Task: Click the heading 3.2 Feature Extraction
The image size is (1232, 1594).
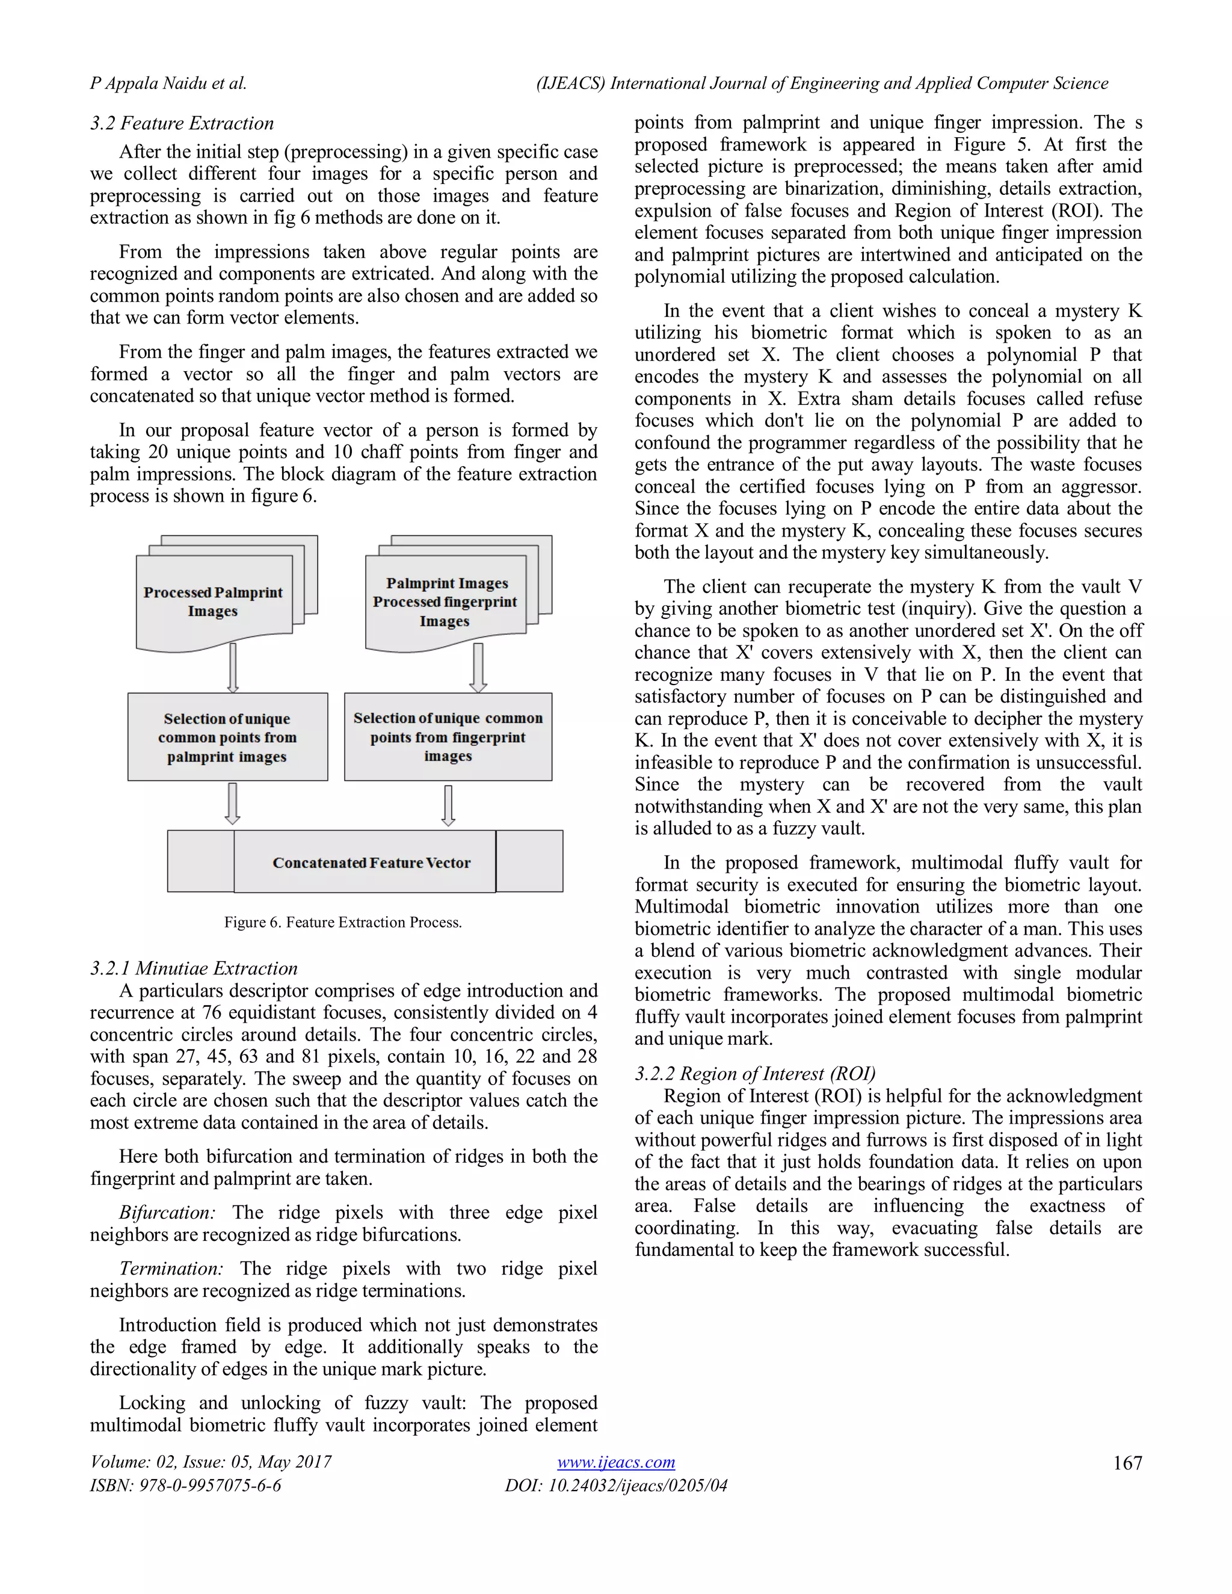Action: (182, 123)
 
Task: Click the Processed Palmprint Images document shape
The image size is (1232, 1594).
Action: (213, 602)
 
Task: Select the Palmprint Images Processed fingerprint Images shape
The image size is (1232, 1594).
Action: (445, 602)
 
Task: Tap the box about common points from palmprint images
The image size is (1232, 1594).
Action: (227, 737)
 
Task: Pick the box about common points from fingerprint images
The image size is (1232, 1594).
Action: (448, 737)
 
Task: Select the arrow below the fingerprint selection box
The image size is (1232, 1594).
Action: (448, 805)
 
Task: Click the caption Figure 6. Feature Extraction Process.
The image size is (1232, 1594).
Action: (342, 923)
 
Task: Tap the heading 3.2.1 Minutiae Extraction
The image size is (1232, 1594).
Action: (194, 968)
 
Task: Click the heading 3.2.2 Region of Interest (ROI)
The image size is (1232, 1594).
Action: (755, 1074)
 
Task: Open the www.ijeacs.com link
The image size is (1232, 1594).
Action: (615, 1462)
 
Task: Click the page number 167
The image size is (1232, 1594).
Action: (1127, 1463)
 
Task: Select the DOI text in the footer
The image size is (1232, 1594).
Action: (615, 1485)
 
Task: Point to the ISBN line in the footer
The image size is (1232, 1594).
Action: (185, 1485)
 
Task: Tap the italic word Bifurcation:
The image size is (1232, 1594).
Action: (167, 1212)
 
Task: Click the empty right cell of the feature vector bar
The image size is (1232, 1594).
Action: (529, 861)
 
